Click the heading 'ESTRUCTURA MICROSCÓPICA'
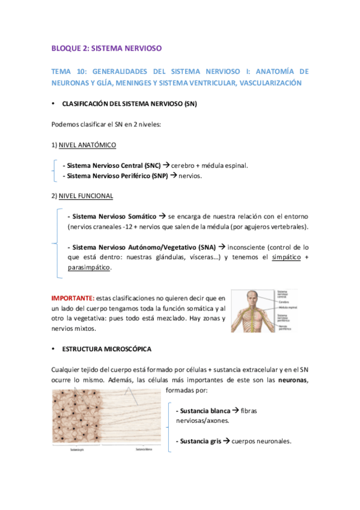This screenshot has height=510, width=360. tap(107, 349)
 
